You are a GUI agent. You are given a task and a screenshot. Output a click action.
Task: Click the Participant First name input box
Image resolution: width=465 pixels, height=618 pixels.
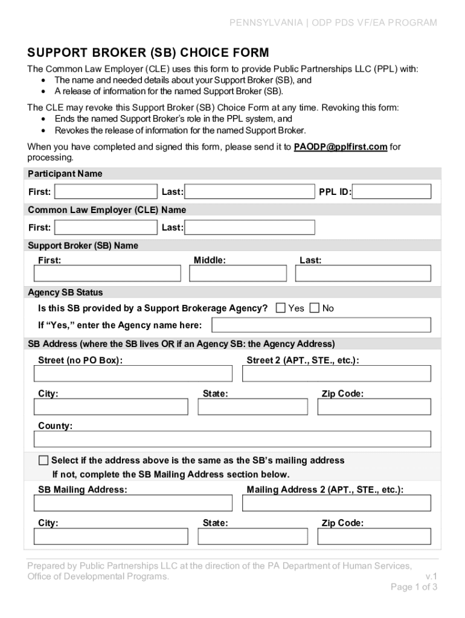coord(106,192)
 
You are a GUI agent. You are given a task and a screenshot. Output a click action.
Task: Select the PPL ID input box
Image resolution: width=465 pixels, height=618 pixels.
coord(392,192)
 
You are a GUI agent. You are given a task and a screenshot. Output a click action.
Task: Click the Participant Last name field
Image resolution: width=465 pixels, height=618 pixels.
coord(249,192)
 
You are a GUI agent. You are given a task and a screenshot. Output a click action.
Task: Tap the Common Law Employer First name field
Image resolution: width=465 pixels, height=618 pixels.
coord(106,228)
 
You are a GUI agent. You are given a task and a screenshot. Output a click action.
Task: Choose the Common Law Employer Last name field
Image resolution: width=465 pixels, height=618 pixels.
coord(249,228)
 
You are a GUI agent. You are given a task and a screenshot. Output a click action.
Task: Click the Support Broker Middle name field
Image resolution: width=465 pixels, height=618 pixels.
coord(237,273)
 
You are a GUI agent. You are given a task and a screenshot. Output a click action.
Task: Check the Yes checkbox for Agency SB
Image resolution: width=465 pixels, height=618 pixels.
coord(280,308)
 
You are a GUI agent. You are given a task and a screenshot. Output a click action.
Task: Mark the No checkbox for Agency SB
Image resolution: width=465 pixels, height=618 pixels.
coord(315,308)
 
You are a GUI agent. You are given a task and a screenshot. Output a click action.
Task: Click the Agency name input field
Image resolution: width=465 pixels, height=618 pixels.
coord(321,325)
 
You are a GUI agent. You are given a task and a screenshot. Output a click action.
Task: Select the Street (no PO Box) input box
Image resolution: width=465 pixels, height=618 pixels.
coord(133,374)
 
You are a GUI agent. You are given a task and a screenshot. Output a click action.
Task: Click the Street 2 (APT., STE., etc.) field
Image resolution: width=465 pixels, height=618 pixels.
coord(336,374)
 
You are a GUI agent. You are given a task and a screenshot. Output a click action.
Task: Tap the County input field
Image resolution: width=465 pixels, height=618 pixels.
coord(232,439)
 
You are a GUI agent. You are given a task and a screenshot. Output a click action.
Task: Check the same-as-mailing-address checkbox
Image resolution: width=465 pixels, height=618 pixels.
coord(43,460)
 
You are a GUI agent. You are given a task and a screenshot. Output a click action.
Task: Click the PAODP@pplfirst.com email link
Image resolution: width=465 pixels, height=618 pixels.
coord(340,147)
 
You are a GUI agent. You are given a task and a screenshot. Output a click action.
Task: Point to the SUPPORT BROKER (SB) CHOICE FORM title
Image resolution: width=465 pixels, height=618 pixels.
coord(148,53)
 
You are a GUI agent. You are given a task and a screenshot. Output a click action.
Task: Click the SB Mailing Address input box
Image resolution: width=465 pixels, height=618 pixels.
coord(133,503)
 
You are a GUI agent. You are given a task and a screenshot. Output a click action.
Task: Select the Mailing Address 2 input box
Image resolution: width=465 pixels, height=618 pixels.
coord(336,503)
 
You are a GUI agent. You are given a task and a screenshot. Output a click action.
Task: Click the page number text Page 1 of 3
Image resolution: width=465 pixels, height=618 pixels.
coord(414,587)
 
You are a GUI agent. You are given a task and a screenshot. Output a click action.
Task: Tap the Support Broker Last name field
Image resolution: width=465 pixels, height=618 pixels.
coord(362,273)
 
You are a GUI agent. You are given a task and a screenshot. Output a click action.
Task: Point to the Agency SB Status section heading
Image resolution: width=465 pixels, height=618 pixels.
coord(65,293)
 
